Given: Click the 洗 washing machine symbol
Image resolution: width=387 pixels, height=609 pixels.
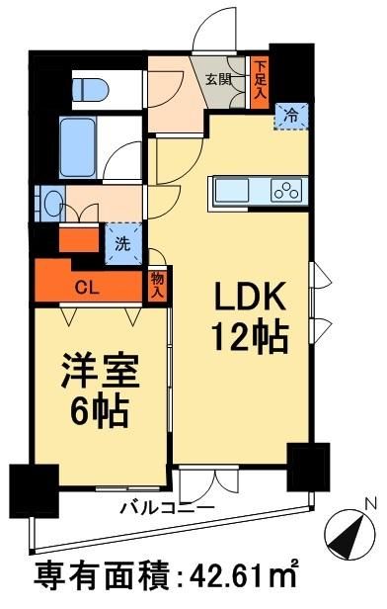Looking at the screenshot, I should (124, 240).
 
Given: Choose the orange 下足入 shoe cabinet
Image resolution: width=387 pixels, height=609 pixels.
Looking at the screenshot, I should (260, 80).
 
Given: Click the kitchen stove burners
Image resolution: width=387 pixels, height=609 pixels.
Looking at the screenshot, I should (287, 191).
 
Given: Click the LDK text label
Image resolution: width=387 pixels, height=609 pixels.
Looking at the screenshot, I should (245, 299).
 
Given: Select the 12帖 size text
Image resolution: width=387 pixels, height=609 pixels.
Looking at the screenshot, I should (247, 338).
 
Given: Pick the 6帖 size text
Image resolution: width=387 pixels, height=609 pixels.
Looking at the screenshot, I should (97, 409).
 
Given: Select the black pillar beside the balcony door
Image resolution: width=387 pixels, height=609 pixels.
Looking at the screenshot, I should (308, 466).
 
